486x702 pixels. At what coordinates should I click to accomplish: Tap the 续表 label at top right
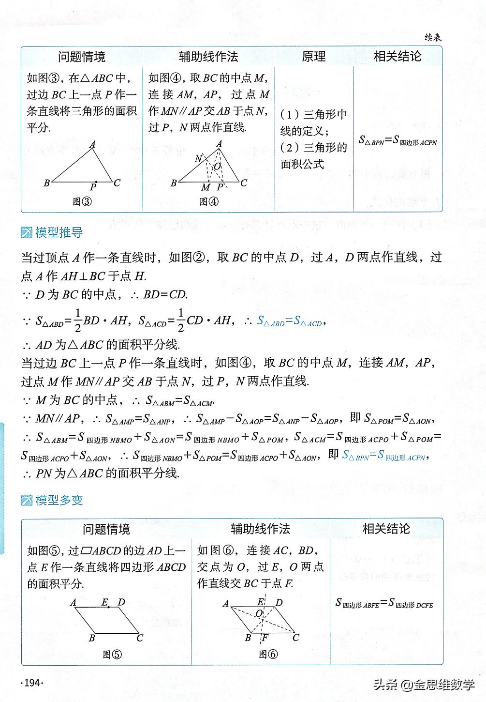[x=432, y=38]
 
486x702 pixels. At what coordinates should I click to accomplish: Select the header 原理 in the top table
[x=313, y=57]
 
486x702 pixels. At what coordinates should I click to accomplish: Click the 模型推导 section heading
[x=59, y=233]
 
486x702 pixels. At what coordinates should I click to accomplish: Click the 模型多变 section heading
[x=59, y=500]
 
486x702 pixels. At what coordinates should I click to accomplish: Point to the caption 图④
[x=209, y=202]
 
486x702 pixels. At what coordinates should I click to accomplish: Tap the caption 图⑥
[x=268, y=654]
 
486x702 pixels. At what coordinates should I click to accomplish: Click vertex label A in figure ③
[x=92, y=144]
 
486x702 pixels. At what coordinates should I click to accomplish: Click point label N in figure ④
[x=198, y=158]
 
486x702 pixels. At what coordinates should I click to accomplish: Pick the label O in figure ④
[x=217, y=166]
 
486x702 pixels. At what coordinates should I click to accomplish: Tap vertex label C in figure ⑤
[x=140, y=638]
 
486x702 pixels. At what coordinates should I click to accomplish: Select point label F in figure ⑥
[x=265, y=638]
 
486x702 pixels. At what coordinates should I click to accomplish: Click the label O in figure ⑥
[x=259, y=613]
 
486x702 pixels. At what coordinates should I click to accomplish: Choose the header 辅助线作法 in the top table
[x=208, y=57]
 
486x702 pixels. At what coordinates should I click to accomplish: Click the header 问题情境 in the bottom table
[x=106, y=529]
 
